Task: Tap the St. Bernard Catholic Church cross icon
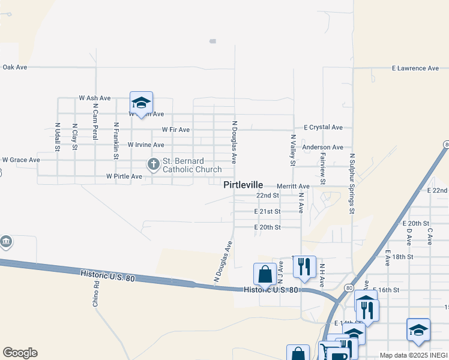(x=153, y=163)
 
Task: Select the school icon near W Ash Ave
(x=141, y=103)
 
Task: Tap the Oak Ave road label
(x=15, y=67)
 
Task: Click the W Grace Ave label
(x=21, y=160)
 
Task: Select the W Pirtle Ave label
(x=124, y=176)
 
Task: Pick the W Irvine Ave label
(x=146, y=145)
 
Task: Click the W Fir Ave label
(x=175, y=130)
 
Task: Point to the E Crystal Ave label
(x=323, y=127)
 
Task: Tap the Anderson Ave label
(x=322, y=147)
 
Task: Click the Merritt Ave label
(x=293, y=187)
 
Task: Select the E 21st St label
(x=267, y=211)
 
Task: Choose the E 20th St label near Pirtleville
(x=267, y=227)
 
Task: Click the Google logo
(x=20, y=353)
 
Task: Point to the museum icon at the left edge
(x=6, y=242)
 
